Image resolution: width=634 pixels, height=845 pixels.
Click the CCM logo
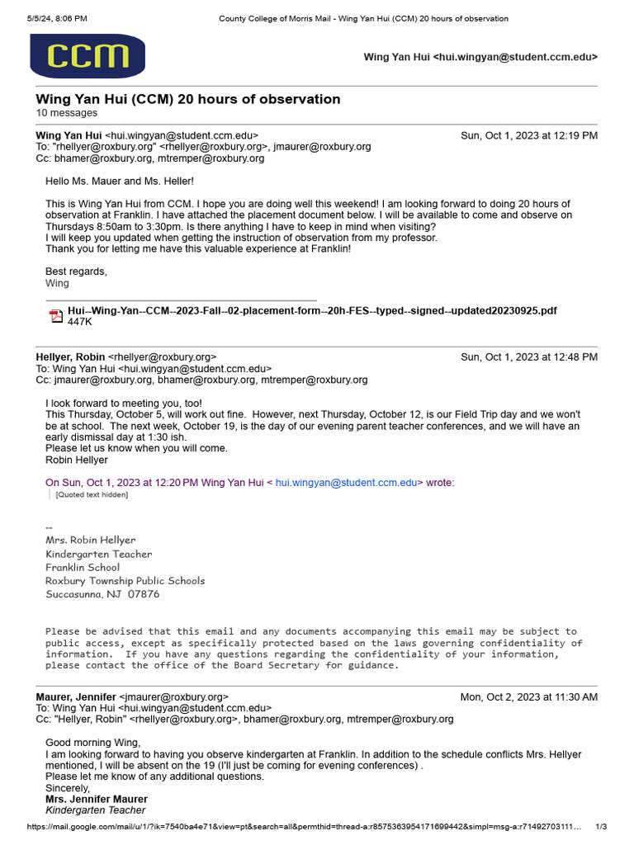[88, 56]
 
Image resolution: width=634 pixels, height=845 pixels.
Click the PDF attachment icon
[56, 316]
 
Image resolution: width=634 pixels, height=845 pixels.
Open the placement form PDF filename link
[312, 310]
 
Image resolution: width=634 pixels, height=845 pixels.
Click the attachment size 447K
[80, 323]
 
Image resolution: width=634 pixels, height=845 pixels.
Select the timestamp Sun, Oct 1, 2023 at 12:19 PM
[528, 135]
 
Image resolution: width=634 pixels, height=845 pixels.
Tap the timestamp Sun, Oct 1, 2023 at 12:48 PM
[528, 357]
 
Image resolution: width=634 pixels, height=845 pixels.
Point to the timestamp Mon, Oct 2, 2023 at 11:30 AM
[528, 696]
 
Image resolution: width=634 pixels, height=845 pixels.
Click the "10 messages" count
[67, 113]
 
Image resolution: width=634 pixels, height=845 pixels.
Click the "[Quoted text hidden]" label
[92, 495]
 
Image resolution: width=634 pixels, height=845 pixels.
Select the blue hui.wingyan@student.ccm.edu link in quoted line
[346, 483]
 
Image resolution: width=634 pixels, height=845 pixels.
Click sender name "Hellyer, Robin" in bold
[70, 357]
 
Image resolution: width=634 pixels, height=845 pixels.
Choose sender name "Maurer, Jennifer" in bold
[76, 696]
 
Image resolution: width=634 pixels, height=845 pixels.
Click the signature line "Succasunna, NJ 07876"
[102, 594]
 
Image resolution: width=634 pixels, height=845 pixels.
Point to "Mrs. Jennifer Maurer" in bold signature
[97, 799]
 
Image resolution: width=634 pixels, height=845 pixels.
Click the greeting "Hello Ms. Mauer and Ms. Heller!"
[120, 181]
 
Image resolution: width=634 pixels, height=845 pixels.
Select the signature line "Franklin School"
[83, 567]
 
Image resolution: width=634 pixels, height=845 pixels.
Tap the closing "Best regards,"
[76, 271]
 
